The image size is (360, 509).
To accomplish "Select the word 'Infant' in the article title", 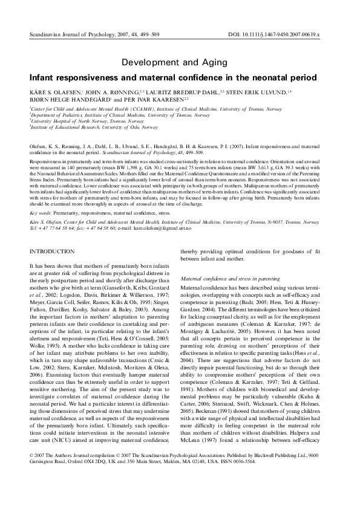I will (34, 77).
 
